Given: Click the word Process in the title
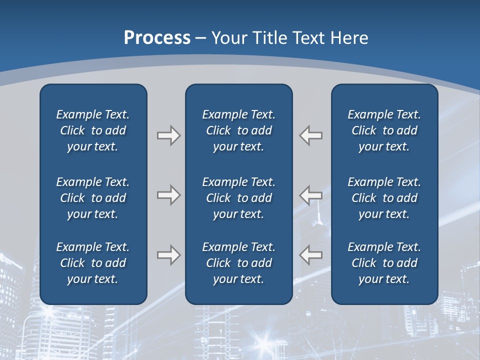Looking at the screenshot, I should click(157, 37).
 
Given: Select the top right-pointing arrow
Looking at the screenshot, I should click(168, 135).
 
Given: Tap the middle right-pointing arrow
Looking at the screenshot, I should click(168, 195).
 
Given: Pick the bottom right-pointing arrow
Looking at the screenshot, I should click(168, 255).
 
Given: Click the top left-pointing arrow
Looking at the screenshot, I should click(310, 135).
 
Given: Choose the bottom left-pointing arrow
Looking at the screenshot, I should click(310, 255).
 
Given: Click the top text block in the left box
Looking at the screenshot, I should click(92, 130).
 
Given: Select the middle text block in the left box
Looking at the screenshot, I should click(92, 198).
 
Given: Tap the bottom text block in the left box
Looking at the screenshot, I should click(92, 263).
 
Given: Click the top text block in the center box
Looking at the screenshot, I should click(238, 130).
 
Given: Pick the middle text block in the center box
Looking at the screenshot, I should click(238, 198).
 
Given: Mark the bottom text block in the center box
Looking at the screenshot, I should click(238, 263).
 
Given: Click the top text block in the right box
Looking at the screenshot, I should click(384, 130).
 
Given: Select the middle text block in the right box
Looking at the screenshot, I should click(384, 198).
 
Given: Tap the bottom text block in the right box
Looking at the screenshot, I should click(384, 263).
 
